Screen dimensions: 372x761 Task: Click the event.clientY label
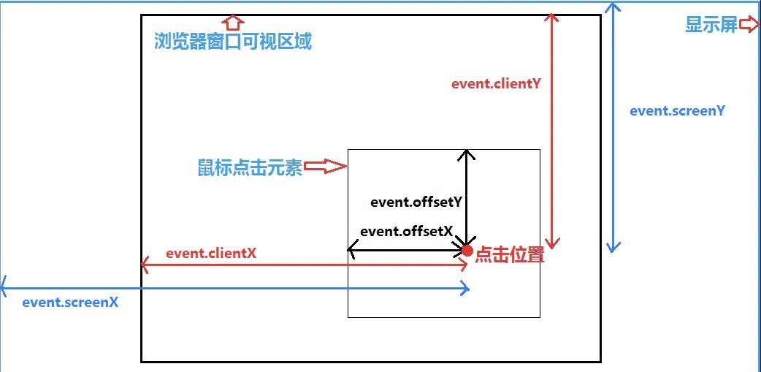tap(496, 83)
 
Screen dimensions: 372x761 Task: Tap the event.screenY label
tap(677, 111)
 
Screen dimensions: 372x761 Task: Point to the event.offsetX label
tap(407, 231)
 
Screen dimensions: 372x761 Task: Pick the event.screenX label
tap(70, 301)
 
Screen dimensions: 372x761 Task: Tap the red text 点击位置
tap(510, 256)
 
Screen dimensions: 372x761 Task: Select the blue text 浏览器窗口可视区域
tap(233, 42)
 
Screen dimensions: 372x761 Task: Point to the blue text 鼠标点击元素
tap(249, 167)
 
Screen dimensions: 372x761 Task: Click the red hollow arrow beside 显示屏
tap(749, 25)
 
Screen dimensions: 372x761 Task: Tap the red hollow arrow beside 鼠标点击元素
tap(324, 167)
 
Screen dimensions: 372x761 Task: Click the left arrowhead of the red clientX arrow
tap(145, 265)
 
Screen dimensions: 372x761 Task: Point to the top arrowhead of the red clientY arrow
tap(554, 18)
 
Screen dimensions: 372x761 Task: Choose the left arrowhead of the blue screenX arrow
tap(4, 282)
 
